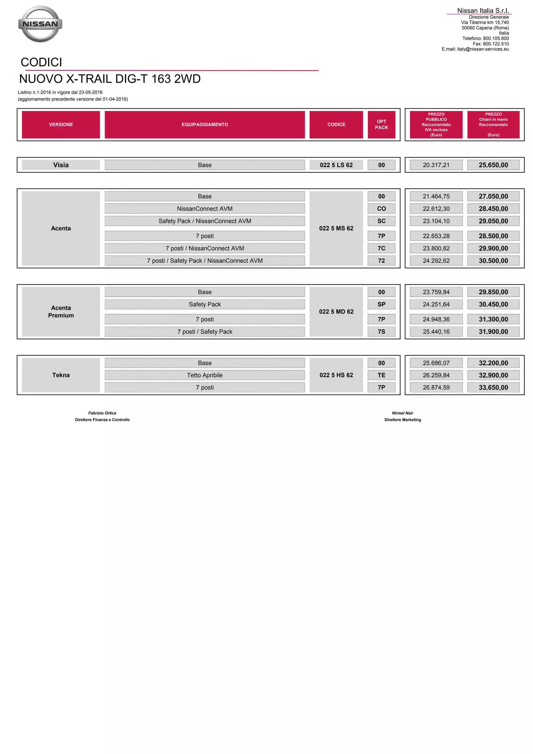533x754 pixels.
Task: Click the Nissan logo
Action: [x=40, y=24]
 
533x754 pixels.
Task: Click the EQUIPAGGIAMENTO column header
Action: [x=205, y=124]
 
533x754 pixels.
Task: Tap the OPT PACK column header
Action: [x=381, y=124]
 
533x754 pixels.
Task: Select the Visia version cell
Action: [x=61, y=165]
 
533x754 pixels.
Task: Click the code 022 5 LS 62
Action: [x=336, y=165]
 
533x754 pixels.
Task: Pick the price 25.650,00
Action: [x=493, y=165]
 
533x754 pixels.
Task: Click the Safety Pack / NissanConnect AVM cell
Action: [x=205, y=221]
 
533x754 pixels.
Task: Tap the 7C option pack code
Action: [x=381, y=248]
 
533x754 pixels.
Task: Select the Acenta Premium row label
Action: [x=61, y=312]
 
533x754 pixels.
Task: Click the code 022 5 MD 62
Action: [x=336, y=312]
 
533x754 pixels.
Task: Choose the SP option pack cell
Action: [x=381, y=304]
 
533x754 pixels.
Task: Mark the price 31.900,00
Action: [x=493, y=332]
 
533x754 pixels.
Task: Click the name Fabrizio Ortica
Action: [x=102, y=413]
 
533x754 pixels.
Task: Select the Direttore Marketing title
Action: [x=403, y=420]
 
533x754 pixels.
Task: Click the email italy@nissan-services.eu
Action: [x=483, y=49]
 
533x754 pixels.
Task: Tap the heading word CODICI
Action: [x=41, y=62]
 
